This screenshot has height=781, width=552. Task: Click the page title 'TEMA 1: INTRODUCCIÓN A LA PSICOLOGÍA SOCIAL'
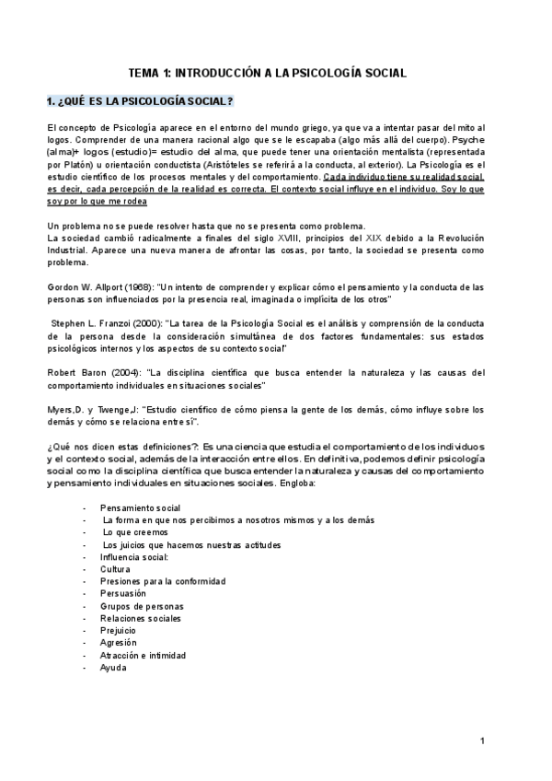point(267,72)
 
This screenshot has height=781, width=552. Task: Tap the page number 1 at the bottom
point(482,740)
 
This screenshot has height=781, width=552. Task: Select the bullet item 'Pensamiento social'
point(141,508)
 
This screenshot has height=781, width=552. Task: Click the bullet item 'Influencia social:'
point(134,557)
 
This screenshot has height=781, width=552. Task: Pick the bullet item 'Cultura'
point(116,569)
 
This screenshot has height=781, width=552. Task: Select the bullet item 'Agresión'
point(119,643)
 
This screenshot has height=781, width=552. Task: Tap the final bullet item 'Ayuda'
point(114,667)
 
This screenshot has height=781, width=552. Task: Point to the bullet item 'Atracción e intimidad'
point(143,655)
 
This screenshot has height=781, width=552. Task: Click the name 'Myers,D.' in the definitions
point(63,409)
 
